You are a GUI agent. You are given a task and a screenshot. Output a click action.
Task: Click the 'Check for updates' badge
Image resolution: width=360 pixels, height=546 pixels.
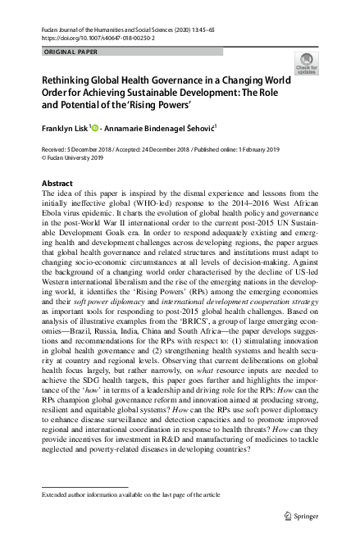(308, 63)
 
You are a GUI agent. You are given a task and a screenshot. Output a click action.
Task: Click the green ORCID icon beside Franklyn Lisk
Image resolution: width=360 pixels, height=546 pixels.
(94, 127)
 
